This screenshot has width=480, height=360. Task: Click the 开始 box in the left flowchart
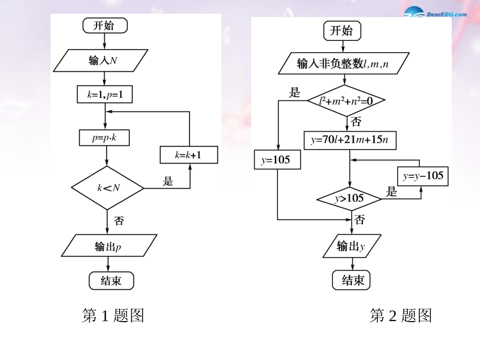104,26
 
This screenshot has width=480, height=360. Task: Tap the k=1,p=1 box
105,94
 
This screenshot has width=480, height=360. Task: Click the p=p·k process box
105,137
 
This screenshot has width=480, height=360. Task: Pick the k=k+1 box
188,155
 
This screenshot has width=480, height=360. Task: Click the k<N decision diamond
108,188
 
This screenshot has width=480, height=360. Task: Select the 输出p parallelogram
109,246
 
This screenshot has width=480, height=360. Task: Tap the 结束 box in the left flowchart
111,281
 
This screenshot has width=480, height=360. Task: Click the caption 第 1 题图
113,316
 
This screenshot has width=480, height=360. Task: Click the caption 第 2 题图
401,316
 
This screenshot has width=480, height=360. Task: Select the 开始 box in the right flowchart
342,31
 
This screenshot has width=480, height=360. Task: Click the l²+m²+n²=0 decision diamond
346,100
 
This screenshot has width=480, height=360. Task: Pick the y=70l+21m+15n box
350,140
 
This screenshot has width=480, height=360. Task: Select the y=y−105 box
422,176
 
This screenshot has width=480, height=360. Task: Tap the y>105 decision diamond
349,198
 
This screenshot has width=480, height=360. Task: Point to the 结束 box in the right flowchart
351,280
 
